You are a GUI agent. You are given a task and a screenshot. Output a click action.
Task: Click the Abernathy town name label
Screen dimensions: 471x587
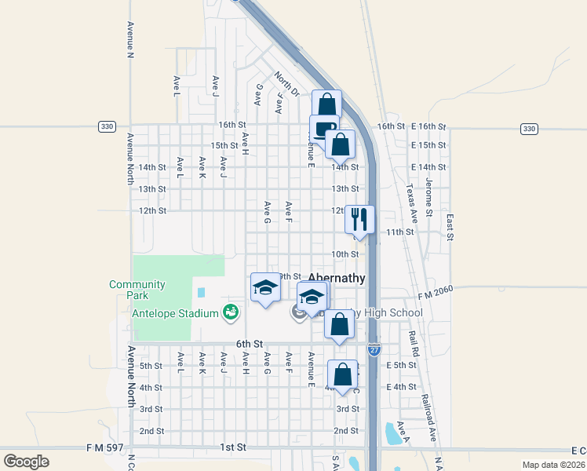(x=337, y=278)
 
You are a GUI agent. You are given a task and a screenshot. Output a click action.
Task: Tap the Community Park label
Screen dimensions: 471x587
(x=137, y=290)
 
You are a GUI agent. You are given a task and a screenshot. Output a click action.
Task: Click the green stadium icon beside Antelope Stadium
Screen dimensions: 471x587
(x=230, y=313)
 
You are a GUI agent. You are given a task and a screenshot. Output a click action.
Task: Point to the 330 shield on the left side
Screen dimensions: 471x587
(x=107, y=127)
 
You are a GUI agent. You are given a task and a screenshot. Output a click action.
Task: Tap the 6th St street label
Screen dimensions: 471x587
(x=249, y=344)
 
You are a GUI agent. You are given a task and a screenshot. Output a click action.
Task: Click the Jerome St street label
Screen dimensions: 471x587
(x=429, y=196)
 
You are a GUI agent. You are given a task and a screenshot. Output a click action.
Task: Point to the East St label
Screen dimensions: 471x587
(x=450, y=226)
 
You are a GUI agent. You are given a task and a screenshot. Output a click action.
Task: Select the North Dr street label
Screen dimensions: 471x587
(x=287, y=85)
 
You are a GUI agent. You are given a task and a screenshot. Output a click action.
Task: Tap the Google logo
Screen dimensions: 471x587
(x=26, y=461)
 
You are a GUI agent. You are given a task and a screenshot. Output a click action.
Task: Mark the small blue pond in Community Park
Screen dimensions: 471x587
(x=202, y=293)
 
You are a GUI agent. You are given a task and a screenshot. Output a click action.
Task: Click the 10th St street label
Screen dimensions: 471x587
(x=345, y=254)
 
